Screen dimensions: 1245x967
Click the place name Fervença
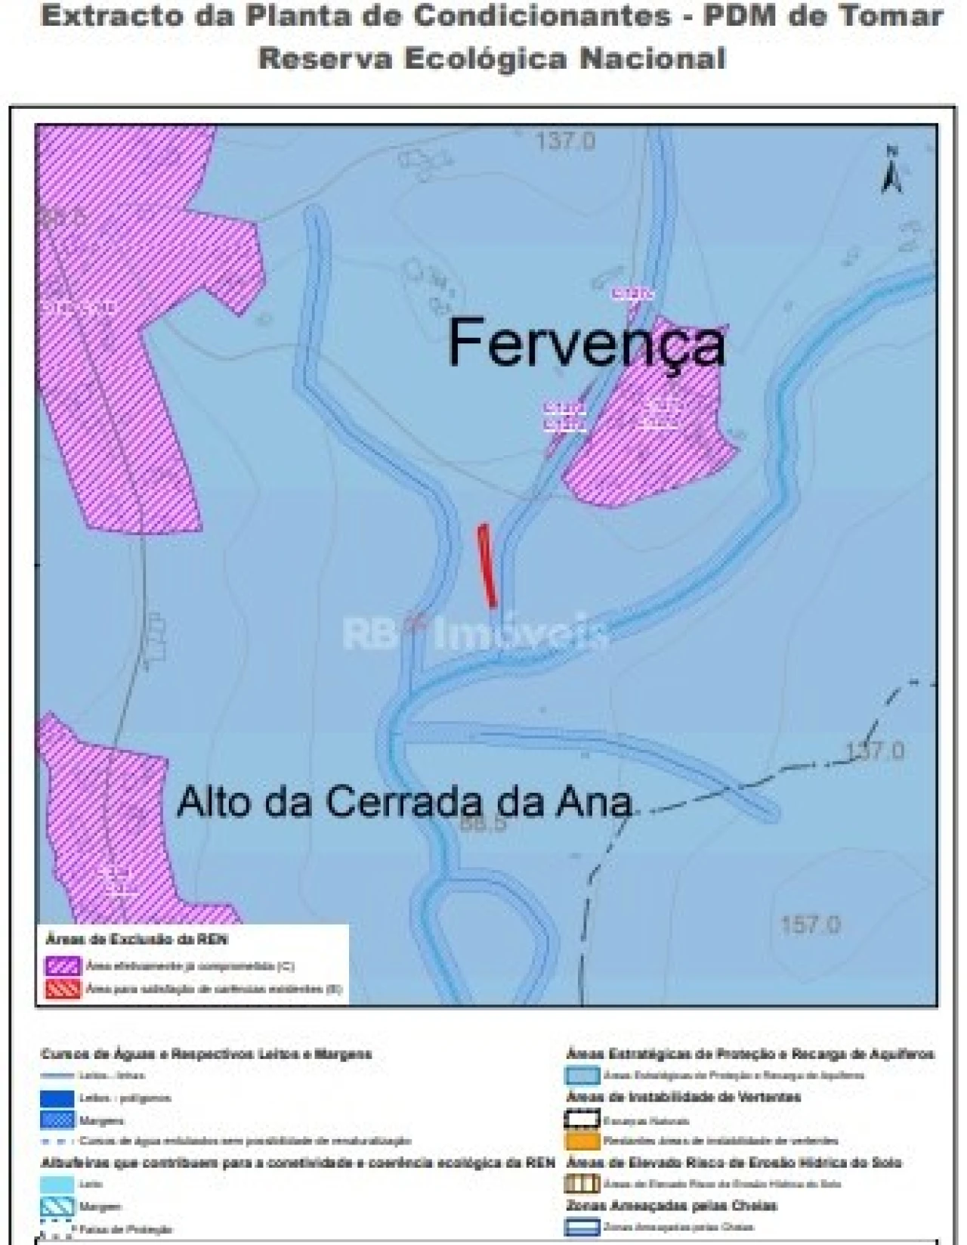[586, 345]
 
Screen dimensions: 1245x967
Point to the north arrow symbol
[891, 171]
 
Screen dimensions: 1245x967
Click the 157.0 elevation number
[811, 924]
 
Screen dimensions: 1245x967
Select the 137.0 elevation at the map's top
[566, 141]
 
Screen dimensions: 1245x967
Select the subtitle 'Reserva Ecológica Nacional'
[492, 59]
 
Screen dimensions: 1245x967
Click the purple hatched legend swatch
[63, 966]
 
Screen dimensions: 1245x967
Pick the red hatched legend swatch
[63, 988]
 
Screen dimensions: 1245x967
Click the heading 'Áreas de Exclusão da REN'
[137, 940]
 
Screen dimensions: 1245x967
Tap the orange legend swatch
[582, 1141]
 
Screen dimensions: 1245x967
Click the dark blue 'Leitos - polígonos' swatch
[57, 1098]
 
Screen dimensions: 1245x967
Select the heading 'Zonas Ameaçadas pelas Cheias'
[671, 1205]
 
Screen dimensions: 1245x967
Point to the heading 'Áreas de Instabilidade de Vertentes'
[683, 1097]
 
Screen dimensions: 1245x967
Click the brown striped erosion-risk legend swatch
[582, 1184]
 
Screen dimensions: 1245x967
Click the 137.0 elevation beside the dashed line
[874, 751]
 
